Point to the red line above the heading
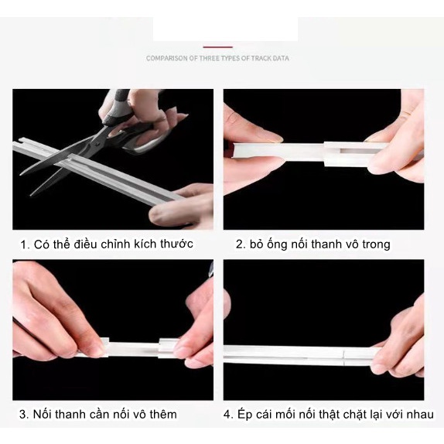click(218, 47)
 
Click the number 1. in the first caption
click(26, 244)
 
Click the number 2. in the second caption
click(241, 244)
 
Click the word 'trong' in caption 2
click(376, 244)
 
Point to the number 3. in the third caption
click(24, 415)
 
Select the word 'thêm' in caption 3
click(163, 415)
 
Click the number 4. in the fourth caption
click(228, 415)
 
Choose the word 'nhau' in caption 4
click(420, 415)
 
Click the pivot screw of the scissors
click(97, 144)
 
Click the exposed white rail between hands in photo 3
click(133, 349)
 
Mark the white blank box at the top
click(225, 29)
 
